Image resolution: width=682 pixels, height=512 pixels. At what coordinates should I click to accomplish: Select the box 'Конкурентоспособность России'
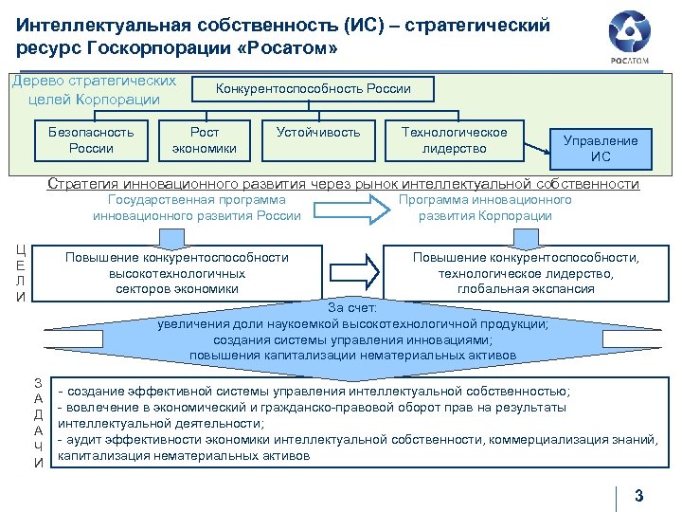[314, 89]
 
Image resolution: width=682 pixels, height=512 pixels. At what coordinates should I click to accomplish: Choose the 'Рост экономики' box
[205, 139]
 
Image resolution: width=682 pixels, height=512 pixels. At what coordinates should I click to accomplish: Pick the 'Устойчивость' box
[318, 133]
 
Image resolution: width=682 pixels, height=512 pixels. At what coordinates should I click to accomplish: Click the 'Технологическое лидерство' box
[455, 139]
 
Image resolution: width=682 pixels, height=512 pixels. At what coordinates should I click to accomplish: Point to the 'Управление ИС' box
[601, 148]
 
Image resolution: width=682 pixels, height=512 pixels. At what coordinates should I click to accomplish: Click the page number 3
[638, 494]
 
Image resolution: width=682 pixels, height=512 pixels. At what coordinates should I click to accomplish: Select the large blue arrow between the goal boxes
[351, 271]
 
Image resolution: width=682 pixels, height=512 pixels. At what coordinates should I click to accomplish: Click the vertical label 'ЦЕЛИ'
[21, 273]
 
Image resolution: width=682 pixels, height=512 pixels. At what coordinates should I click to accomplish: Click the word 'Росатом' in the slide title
[289, 47]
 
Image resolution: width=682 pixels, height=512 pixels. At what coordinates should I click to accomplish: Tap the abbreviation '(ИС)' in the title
[371, 25]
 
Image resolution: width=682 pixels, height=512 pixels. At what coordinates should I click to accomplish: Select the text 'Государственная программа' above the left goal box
[197, 200]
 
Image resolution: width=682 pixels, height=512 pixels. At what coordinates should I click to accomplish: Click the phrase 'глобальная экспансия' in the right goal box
[526, 288]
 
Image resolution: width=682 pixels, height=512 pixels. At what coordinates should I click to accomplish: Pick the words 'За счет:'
[352, 307]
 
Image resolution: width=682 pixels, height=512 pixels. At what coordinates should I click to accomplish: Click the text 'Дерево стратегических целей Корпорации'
[94, 89]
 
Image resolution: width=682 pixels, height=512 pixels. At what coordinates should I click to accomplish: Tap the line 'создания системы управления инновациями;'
[352, 339]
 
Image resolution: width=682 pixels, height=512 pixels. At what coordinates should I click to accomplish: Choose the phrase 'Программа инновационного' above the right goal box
[485, 200]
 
